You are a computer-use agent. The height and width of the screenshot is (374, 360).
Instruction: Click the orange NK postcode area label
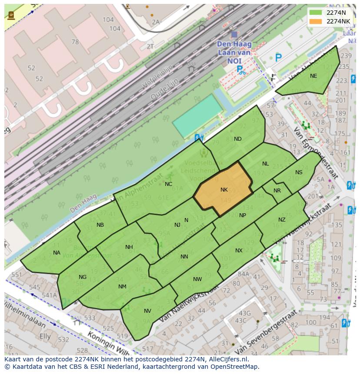point(224,190)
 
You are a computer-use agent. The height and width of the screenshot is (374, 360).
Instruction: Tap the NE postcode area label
point(313,76)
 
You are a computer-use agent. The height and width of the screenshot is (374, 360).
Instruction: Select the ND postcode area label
point(237,139)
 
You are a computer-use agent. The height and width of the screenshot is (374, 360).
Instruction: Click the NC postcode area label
point(168,184)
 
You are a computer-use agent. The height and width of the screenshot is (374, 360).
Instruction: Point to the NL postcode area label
point(265,164)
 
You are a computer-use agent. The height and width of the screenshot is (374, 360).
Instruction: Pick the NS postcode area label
point(299,172)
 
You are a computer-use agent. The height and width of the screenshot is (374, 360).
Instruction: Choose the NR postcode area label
point(277,191)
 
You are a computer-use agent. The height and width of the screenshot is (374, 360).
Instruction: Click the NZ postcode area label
point(282,220)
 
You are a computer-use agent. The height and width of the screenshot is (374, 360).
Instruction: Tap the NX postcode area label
point(239,251)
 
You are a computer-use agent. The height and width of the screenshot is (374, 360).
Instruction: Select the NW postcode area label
point(197,279)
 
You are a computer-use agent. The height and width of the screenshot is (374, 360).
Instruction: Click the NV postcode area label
point(147,311)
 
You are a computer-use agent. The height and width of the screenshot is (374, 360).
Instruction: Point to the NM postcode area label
point(122,287)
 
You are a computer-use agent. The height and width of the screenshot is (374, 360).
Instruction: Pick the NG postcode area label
point(83,277)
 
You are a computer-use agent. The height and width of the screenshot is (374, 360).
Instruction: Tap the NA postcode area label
point(57,253)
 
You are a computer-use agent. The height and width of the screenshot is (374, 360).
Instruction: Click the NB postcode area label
point(100,225)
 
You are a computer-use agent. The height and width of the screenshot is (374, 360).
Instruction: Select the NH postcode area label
point(129,247)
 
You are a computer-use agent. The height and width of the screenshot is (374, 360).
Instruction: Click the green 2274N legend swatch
point(316,13)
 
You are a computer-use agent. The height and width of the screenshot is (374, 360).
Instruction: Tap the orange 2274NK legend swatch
point(316,21)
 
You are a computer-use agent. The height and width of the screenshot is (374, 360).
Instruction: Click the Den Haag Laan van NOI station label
point(234,52)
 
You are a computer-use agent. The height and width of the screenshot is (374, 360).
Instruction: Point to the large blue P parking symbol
point(278,57)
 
